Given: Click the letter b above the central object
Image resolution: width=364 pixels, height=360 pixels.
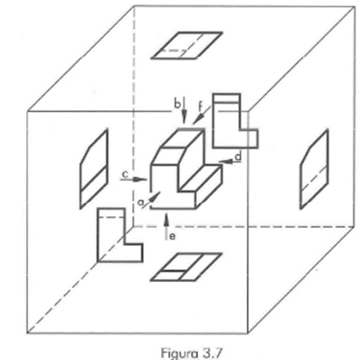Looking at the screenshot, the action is click(x=177, y=104).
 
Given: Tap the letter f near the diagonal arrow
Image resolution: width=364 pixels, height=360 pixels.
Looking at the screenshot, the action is click(x=201, y=106).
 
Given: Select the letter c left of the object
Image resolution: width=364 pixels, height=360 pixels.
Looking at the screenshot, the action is click(x=125, y=175).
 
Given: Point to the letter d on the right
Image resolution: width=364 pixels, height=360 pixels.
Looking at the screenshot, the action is click(x=239, y=156).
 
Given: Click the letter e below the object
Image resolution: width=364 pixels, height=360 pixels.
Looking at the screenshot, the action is click(x=173, y=237).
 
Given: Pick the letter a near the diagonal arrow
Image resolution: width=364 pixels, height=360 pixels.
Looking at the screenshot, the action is click(x=141, y=203).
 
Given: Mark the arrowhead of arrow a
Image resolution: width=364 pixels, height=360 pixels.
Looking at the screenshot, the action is click(x=155, y=197).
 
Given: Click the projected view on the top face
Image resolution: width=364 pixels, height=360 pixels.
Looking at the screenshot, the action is click(x=187, y=45).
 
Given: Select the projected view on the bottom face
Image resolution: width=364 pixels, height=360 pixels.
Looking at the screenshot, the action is click(x=186, y=267).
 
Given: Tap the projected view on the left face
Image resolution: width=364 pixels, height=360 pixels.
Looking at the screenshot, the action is click(x=94, y=170).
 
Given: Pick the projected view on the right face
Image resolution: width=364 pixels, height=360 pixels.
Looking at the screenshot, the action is click(x=314, y=170).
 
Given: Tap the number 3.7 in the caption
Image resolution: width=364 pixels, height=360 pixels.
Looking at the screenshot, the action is click(x=212, y=352).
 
